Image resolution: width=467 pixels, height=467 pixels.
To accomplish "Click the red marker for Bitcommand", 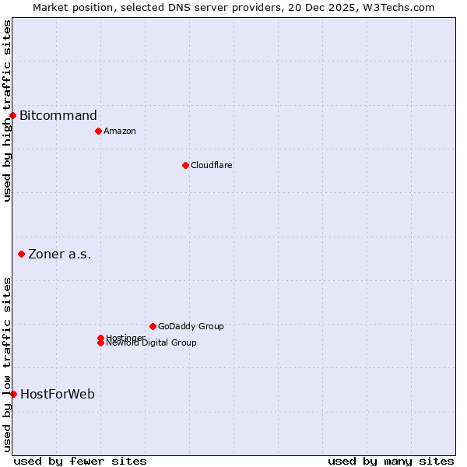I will tap(12, 116).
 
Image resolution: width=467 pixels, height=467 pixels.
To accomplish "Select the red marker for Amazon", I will tap(98, 131).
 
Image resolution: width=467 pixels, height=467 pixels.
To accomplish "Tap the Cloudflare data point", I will tap(185, 165).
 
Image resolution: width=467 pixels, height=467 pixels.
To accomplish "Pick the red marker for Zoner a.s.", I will tap(21, 254).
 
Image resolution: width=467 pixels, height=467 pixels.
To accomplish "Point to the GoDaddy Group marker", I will tap(153, 326).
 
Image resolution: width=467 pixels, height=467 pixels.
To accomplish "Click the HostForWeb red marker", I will tap(13, 394).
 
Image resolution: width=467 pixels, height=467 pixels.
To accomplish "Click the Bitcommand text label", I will tap(58, 116).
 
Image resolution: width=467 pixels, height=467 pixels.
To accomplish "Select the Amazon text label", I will tap(119, 131).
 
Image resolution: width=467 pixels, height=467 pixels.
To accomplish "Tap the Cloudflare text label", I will tap(211, 165).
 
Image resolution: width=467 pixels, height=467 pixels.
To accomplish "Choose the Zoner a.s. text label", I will tap(60, 254).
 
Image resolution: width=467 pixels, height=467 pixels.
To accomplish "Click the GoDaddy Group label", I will tap(191, 326).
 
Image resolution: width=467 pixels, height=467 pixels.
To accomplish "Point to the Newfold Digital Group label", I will tap(151, 343).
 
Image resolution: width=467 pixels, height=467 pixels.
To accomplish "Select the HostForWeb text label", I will tap(58, 394).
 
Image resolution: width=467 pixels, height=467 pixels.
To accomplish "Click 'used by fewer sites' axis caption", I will tap(80, 461).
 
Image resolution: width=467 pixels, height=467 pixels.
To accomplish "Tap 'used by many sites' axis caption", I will tap(391, 461).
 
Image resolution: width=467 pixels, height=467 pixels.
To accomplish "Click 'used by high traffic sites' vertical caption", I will tap(7, 111).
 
